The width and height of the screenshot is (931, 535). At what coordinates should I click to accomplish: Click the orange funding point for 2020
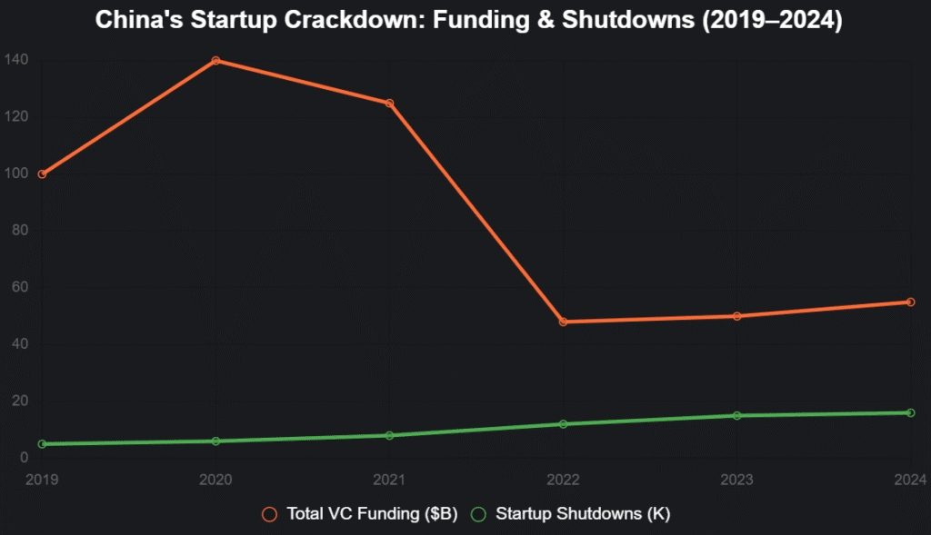tap(215, 61)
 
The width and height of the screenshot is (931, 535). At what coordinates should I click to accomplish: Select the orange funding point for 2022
tap(563, 322)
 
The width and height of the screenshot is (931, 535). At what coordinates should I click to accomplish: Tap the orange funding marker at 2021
tap(389, 104)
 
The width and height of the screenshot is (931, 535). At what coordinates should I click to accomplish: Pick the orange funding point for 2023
tap(736, 316)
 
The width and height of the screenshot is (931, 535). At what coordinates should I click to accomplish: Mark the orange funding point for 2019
tap(42, 174)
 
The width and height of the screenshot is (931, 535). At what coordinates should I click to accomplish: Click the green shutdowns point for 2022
tap(563, 424)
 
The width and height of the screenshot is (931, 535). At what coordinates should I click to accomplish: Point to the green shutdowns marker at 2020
tap(215, 441)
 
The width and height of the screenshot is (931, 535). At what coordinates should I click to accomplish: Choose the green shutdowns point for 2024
tap(910, 412)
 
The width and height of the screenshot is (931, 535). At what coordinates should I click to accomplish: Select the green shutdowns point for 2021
tap(389, 435)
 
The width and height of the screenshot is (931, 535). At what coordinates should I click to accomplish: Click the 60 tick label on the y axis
tap(19, 288)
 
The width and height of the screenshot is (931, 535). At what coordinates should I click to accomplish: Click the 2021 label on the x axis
tap(389, 479)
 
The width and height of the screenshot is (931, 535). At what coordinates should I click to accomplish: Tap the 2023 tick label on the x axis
tap(736, 479)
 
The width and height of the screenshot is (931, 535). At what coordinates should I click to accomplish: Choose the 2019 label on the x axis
tap(42, 479)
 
